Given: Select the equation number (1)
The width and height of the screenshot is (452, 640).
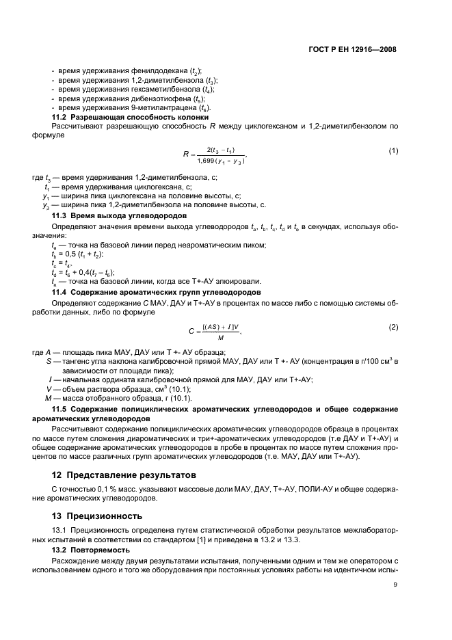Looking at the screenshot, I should (x=393, y=150).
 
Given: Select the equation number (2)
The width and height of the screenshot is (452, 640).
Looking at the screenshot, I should (x=393, y=327).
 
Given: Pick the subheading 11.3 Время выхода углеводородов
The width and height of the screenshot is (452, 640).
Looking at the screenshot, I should (x=112, y=215).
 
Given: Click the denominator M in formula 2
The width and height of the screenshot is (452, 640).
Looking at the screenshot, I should (x=219, y=337).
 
